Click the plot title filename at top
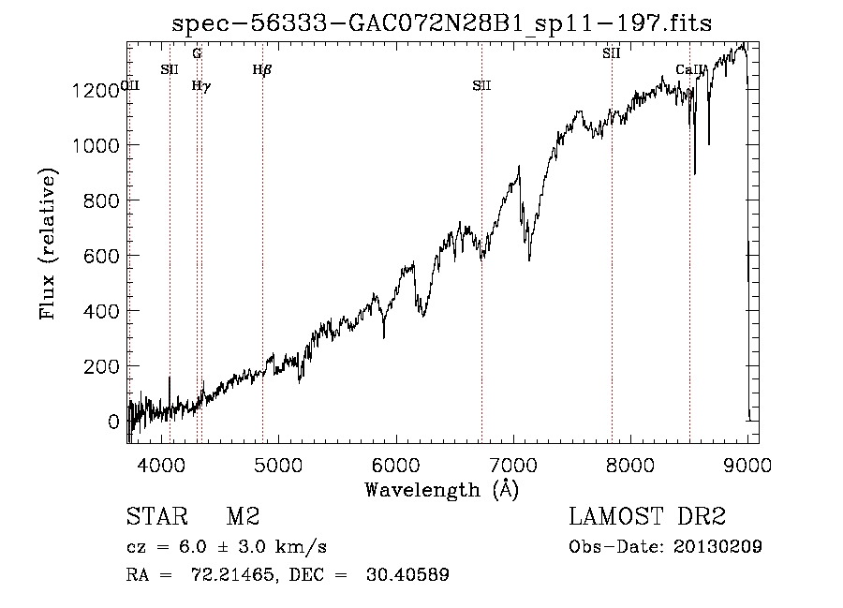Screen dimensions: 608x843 [x=441, y=24]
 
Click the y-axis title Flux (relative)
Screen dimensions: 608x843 [x=47, y=243]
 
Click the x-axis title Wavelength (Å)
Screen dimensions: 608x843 [x=441, y=489]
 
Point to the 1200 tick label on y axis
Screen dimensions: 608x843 [x=96, y=90]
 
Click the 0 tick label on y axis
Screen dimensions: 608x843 [x=114, y=422]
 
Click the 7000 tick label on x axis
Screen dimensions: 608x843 [x=513, y=464]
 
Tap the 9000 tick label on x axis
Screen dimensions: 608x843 [x=747, y=464]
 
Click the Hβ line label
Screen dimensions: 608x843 [x=262, y=68]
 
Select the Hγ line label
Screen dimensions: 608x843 [x=201, y=85]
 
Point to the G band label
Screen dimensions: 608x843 [x=197, y=53]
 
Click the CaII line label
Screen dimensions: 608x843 [x=688, y=69]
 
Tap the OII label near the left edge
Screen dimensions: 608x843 [x=131, y=85]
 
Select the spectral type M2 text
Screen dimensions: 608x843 [x=243, y=518]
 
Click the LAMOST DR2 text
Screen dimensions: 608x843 [x=647, y=518]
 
